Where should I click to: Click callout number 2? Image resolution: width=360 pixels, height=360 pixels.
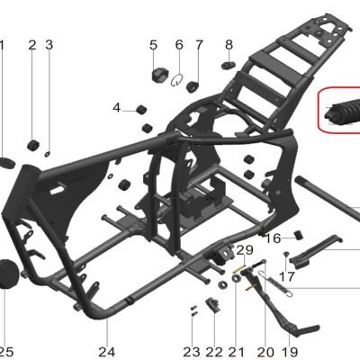pyautogui.click(x=32, y=45)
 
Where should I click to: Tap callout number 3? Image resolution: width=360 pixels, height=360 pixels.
pyautogui.click(x=49, y=45)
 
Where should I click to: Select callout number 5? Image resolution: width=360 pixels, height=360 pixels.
pyautogui.click(x=153, y=45)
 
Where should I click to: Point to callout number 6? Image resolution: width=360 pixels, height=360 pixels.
pyautogui.click(x=179, y=45)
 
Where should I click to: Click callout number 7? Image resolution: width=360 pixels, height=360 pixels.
pyautogui.click(x=199, y=45)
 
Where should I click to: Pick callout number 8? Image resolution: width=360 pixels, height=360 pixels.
pyautogui.click(x=229, y=45)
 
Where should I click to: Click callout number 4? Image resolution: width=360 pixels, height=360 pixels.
pyautogui.click(x=117, y=107)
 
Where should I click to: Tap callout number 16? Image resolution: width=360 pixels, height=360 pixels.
pyautogui.click(x=273, y=238)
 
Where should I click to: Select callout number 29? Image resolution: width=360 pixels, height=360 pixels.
pyautogui.click(x=246, y=249)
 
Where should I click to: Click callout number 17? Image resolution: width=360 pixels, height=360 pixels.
pyautogui.click(x=287, y=276)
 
